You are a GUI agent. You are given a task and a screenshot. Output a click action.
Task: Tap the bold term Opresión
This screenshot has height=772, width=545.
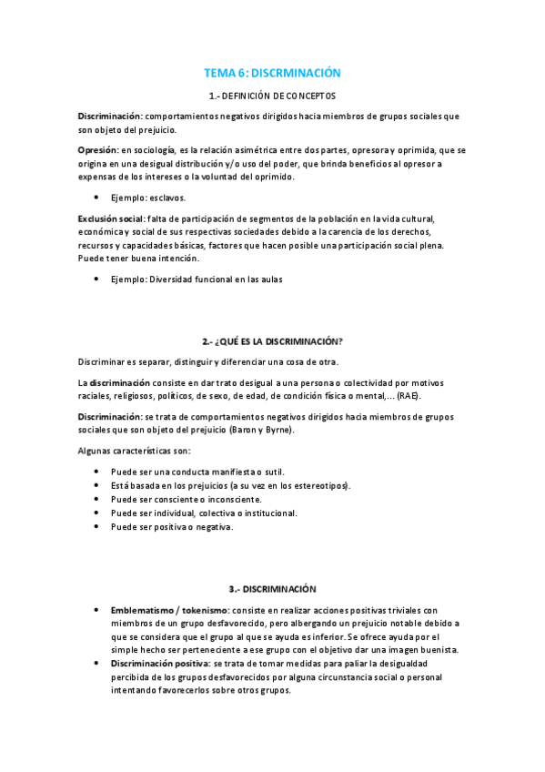(97, 148)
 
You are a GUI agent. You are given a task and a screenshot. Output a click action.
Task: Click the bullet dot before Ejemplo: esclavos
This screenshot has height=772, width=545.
(96, 197)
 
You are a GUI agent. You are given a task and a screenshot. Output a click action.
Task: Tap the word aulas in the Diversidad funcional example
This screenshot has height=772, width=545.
(270, 279)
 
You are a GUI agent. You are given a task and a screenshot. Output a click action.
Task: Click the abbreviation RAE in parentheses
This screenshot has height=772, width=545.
(405, 396)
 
